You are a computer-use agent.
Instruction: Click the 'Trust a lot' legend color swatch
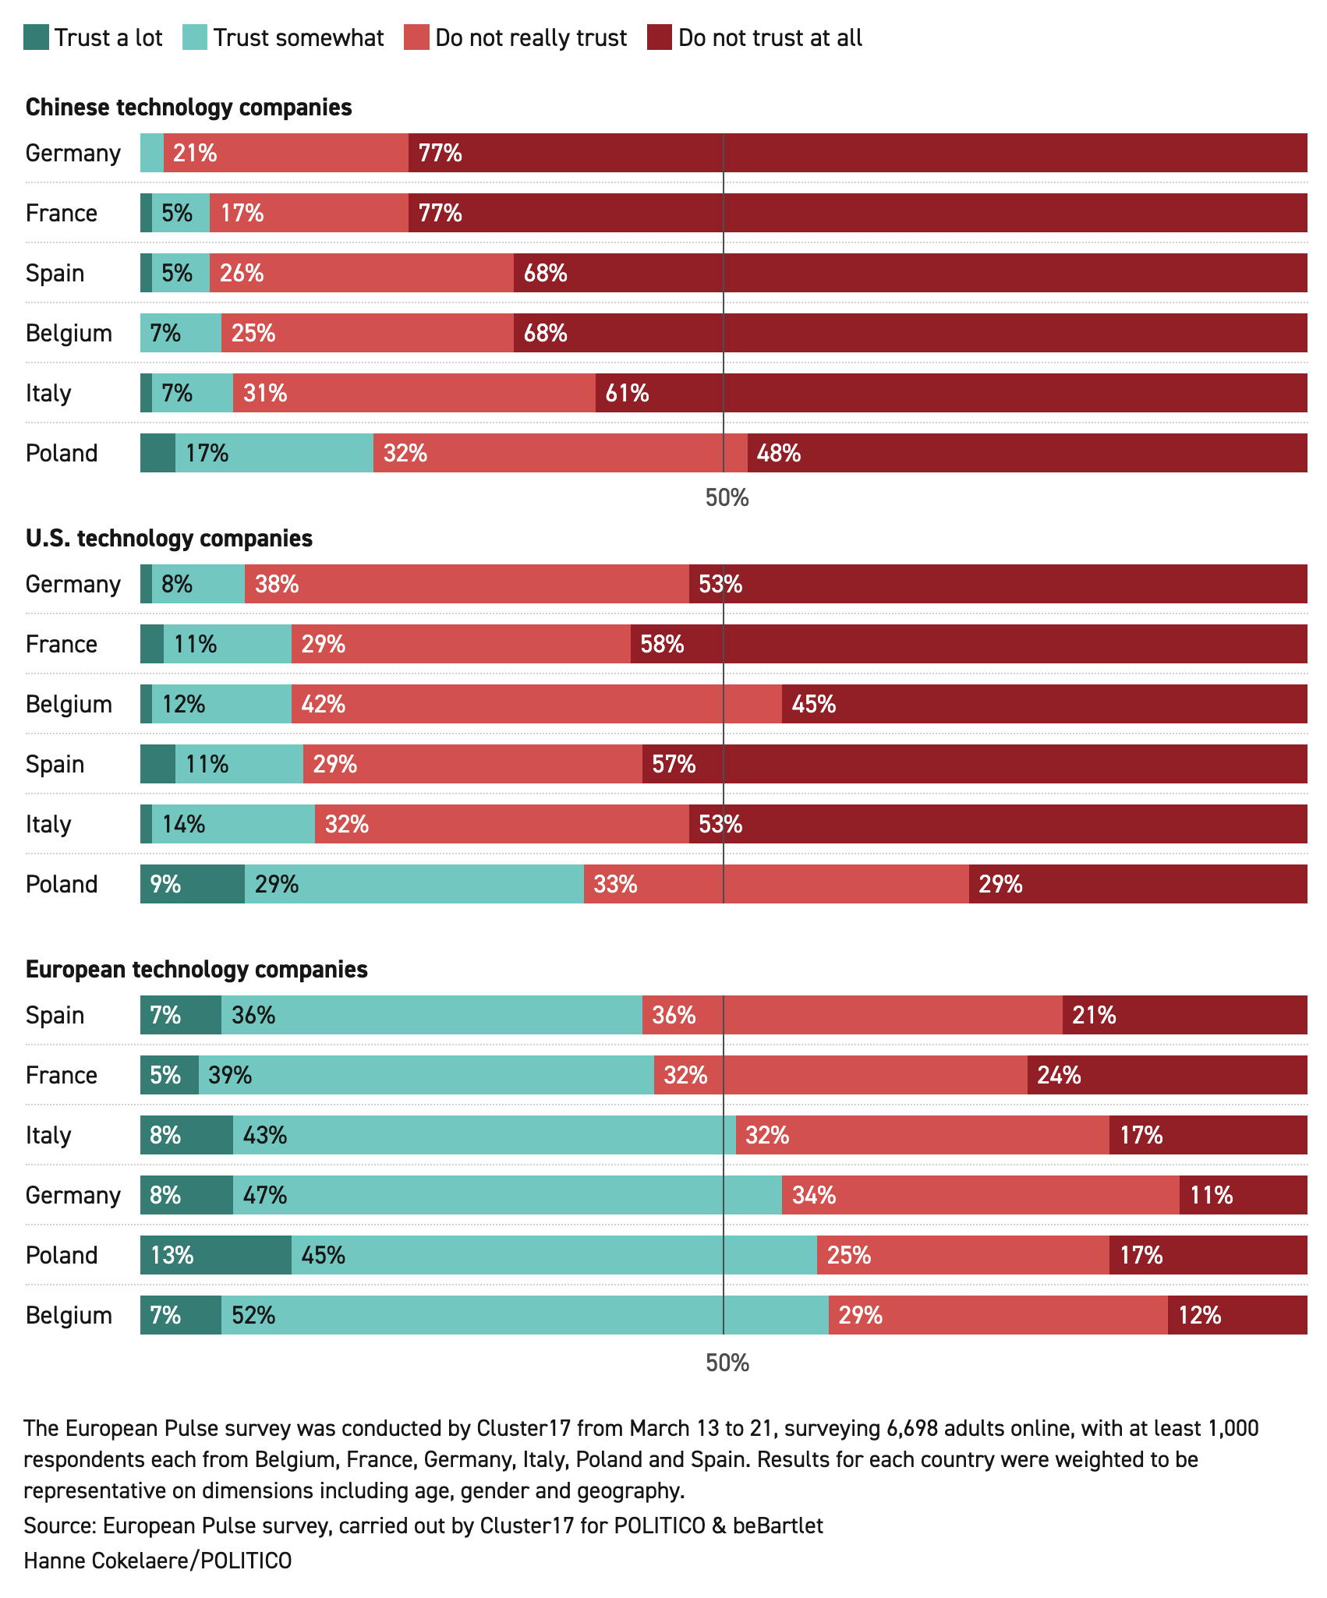[x=37, y=37]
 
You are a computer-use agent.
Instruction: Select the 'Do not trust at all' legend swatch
[x=660, y=37]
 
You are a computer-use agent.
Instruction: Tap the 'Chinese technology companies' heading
[x=189, y=107]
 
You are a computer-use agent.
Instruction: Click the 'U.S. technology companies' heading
[x=169, y=538]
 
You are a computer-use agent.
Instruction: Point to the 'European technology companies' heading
[x=196, y=969]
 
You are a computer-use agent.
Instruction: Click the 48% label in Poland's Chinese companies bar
[x=779, y=453]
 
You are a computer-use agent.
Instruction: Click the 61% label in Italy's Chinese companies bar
[x=627, y=393]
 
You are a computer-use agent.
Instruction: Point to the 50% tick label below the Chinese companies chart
[x=727, y=498]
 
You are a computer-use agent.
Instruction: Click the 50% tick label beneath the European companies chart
[x=727, y=1363]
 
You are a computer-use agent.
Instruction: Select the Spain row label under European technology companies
[x=55, y=1015]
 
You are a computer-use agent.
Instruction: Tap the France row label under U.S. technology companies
[x=62, y=644]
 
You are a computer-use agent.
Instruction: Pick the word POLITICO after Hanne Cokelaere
[x=247, y=1561]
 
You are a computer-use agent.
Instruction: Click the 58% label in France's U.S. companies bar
[x=662, y=644]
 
